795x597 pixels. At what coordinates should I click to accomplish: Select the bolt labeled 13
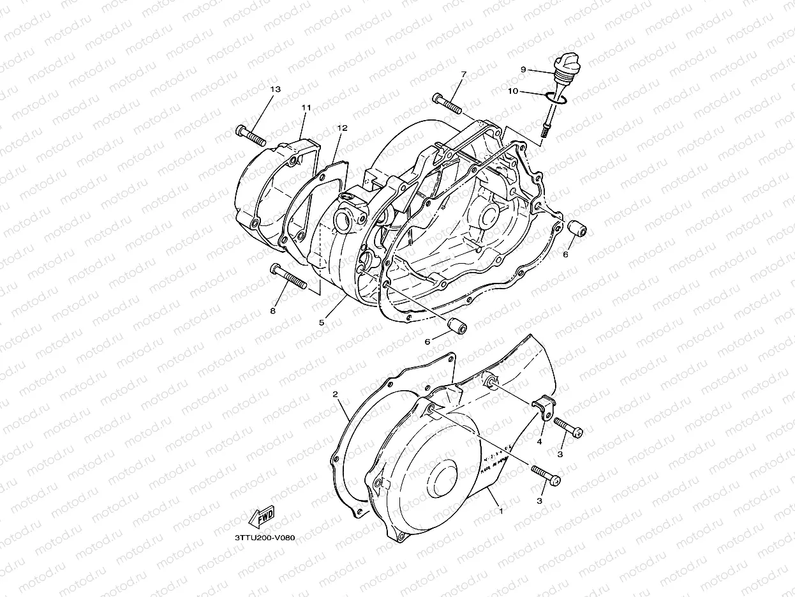[x=249, y=134]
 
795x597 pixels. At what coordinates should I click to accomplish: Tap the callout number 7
[x=464, y=74]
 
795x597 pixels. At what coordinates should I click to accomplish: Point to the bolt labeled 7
[x=447, y=102]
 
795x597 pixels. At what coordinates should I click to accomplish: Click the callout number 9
[x=523, y=69]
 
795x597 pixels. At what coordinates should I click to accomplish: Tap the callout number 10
[x=512, y=91]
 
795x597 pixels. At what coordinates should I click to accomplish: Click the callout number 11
[x=306, y=108]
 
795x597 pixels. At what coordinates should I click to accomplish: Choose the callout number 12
[x=342, y=128]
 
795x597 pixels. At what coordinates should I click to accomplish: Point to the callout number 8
[x=273, y=311]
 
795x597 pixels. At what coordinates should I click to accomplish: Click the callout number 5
[x=322, y=322]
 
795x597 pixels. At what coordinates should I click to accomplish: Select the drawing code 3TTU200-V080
[x=264, y=538]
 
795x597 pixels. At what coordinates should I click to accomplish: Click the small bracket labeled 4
[x=542, y=406]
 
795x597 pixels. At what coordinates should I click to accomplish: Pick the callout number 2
[x=335, y=394]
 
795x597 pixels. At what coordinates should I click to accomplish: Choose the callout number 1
[x=501, y=511]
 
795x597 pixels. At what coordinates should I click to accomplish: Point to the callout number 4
[x=539, y=441]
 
